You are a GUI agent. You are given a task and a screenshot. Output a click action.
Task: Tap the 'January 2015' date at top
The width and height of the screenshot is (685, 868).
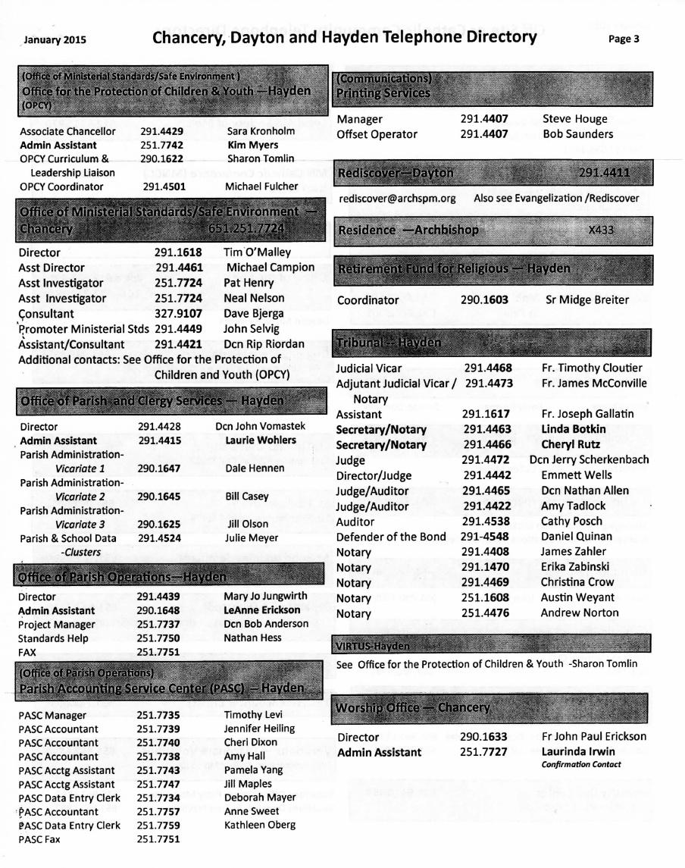[55, 40]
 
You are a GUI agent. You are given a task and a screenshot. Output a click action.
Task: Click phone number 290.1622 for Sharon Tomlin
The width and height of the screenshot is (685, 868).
[161, 158]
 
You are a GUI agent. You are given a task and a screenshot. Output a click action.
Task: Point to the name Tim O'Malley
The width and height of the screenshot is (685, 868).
[257, 252]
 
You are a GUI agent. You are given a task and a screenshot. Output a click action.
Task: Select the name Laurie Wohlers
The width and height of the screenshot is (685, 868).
[261, 440]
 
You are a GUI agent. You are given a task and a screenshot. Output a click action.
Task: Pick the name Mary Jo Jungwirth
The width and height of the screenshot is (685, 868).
[265, 596]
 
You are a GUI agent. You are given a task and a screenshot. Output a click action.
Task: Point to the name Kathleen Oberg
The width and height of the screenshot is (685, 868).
[260, 825]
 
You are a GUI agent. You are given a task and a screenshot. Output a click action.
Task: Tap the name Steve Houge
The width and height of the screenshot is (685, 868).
[574, 119]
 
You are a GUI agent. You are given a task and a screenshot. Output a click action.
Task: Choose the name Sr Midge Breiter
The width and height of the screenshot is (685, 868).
[587, 299]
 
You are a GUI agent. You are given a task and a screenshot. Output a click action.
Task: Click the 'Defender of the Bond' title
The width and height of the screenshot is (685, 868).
[391, 537]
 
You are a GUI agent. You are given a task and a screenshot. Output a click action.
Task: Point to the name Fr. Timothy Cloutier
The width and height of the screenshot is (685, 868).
[592, 368]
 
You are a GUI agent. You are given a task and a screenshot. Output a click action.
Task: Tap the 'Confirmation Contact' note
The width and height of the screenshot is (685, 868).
[580, 764]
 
